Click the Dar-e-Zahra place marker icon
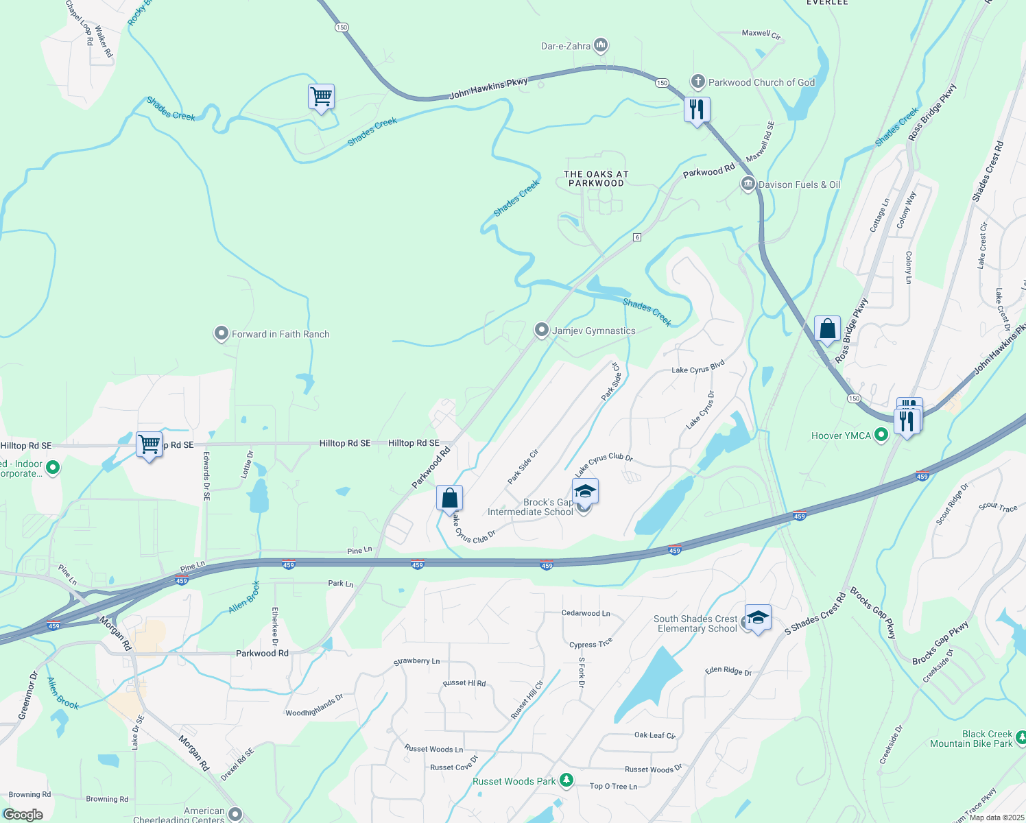pyautogui.click(x=601, y=46)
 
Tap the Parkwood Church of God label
pyautogui.click(x=761, y=82)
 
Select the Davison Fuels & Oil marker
pyautogui.click(x=748, y=184)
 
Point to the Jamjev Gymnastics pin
pyautogui.click(x=542, y=331)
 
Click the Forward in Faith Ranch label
pyautogui.click(x=281, y=334)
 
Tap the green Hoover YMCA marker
pyautogui.click(x=882, y=435)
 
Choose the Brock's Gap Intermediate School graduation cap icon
pyautogui.click(x=585, y=491)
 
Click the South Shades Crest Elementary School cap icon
pyautogui.click(x=758, y=617)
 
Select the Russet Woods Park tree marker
pyautogui.click(x=566, y=780)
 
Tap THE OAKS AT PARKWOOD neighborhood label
pyautogui.click(x=596, y=178)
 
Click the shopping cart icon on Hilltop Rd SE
pyautogui.click(x=149, y=444)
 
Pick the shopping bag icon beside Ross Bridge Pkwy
pyautogui.click(x=827, y=329)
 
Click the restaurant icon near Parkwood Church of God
pyautogui.click(x=697, y=109)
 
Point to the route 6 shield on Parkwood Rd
pyautogui.click(x=637, y=237)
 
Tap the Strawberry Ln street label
pyautogui.click(x=416, y=661)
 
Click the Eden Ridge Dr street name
pyautogui.click(x=728, y=671)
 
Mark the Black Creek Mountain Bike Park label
pyautogui.click(x=971, y=739)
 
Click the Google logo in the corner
pyautogui.click(x=23, y=814)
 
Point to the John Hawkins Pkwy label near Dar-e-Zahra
pyautogui.click(x=488, y=88)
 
